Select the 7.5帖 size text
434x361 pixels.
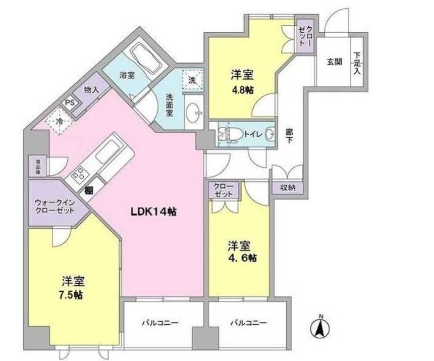(x=70, y=295)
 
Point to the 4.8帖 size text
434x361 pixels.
(x=242, y=89)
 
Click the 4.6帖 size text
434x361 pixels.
(x=242, y=259)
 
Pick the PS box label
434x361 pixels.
(x=69, y=102)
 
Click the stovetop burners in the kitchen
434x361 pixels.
(x=79, y=175)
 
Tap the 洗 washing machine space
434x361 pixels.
(x=192, y=79)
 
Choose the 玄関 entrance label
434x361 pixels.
(x=334, y=62)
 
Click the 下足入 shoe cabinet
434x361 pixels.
(x=356, y=63)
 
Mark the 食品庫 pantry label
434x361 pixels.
(x=38, y=166)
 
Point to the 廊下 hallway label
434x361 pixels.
(x=290, y=135)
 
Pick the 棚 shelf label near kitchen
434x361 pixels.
(x=89, y=190)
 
